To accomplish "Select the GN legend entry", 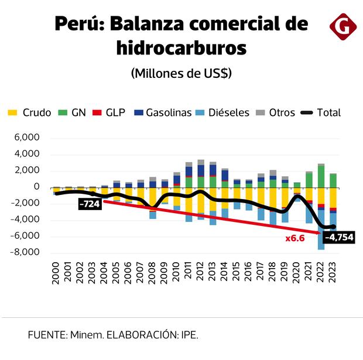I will (73, 113).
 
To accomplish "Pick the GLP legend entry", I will (109, 113).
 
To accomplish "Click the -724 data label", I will (90, 204).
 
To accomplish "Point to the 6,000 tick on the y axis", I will (28, 138).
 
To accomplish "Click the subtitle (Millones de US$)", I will (181, 74).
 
